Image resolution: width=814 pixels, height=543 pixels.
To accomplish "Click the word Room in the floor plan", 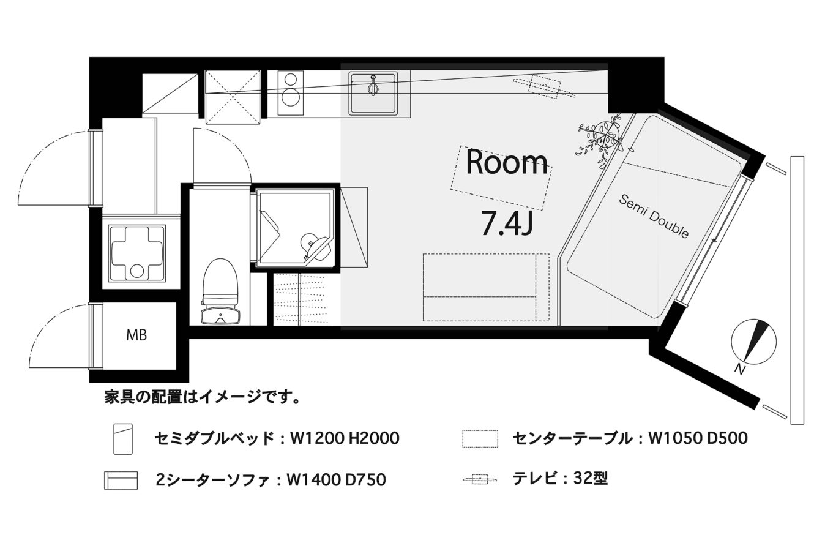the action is click(x=507, y=162).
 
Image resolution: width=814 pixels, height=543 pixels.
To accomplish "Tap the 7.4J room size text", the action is click(x=507, y=223).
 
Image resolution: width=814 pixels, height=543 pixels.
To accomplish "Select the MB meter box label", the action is click(x=136, y=335).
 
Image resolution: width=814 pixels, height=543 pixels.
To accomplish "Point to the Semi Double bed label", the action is click(x=654, y=216).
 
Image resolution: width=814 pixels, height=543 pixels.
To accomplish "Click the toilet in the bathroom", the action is click(x=220, y=291).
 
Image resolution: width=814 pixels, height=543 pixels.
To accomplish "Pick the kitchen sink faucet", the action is click(x=373, y=86).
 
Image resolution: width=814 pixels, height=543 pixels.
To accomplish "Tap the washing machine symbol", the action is click(x=137, y=253).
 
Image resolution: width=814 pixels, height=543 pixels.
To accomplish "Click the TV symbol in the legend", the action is click(x=480, y=479).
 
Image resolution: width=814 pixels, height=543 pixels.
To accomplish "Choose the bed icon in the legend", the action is click(x=123, y=439).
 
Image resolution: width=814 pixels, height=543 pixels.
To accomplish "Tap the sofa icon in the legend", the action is click(x=121, y=480).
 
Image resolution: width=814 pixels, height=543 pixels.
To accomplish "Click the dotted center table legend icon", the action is click(x=480, y=439).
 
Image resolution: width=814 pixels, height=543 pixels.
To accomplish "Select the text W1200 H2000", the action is click(x=345, y=438).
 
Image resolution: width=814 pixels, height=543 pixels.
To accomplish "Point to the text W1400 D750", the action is click(x=336, y=480).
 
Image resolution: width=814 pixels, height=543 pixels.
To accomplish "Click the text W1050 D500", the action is click(x=698, y=438).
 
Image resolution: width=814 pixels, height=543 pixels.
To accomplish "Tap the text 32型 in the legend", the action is click(x=591, y=478).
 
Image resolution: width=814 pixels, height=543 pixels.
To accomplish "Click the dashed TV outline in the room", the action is click(x=544, y=87).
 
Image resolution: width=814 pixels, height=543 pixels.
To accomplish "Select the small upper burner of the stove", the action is click(x=291, y=79).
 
